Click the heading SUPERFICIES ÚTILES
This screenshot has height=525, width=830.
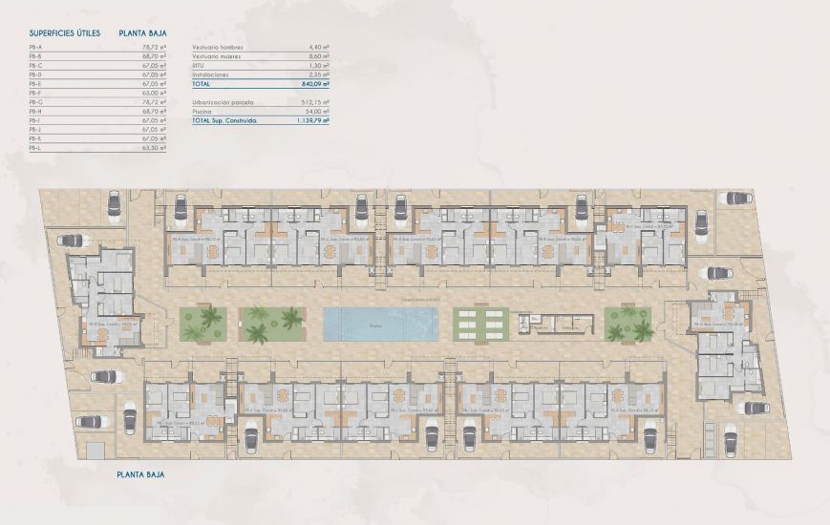(65, 32)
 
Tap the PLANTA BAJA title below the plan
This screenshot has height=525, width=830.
(141, 473)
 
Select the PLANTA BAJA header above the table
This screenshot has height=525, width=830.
(144, 32)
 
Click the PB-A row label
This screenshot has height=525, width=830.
(35, 46)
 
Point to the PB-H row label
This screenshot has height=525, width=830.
(35, 111)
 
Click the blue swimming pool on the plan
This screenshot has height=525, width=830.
(380, 325)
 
